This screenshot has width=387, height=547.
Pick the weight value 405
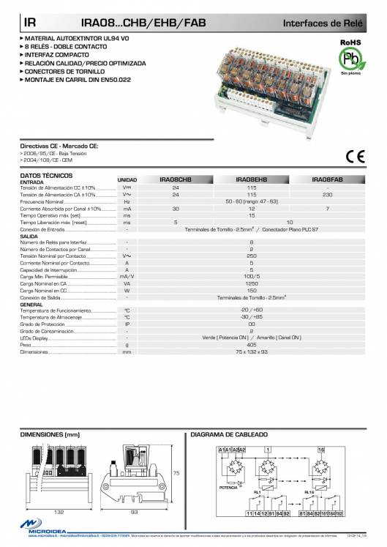click(251, 344)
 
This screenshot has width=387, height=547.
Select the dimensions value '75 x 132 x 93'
click(251, 351)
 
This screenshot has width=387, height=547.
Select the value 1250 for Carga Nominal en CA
click(251, 283)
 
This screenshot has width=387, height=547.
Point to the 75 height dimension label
click(176, 473)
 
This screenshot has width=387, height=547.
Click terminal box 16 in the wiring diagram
click(320, 448)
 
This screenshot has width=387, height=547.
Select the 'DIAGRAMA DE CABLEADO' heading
click(224, 435)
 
